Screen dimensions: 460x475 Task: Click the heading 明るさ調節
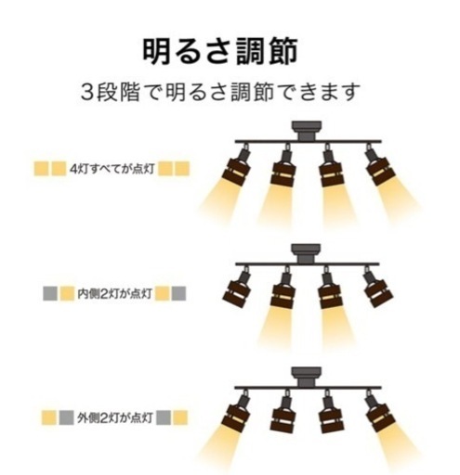(219, 52)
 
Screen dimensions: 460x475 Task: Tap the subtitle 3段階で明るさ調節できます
(220, 92)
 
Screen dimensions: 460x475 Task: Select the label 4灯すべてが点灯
(112, 169)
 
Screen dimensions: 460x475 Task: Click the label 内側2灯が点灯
(114, 293)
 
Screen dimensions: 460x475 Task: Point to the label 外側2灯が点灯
(114, 418)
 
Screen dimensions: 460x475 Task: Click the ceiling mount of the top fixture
(307, 131)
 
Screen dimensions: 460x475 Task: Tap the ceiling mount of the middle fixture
(306, 253)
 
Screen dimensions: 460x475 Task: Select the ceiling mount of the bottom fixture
(307, 377)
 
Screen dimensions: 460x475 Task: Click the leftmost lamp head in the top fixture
(238, 165)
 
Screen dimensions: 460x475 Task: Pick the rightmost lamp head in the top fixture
(378, 165)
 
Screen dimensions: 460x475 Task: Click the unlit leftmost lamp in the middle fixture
(237, 289)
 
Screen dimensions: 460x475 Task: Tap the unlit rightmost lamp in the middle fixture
(377, 288)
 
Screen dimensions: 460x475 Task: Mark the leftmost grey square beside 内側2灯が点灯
(50, 293)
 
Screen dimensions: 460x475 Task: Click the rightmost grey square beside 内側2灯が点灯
(178, 293)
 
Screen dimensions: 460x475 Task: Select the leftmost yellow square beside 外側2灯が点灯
(49, 417)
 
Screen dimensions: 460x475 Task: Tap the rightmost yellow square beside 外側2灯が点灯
(180, 417)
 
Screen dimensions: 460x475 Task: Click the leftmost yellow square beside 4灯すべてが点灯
(41, 169)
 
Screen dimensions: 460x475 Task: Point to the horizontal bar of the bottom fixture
(308, 388)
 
